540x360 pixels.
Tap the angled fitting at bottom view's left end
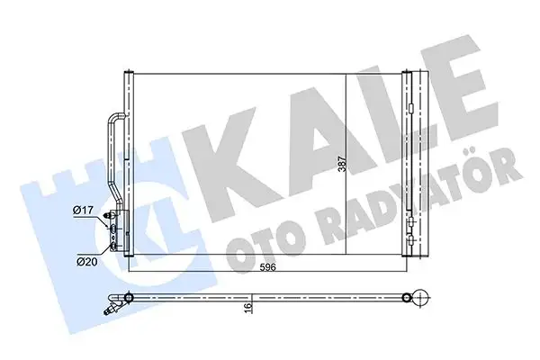[x=113, y=307]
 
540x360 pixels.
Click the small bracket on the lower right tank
[x=409, y=225]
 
